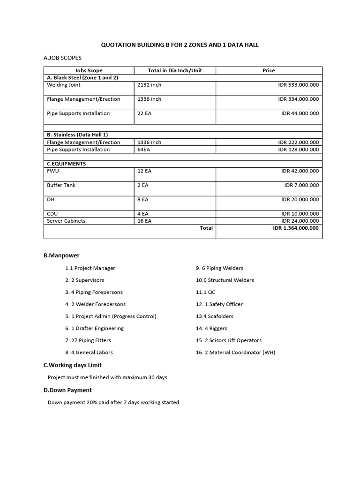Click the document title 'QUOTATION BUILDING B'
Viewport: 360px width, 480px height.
pyautogui.click(x=180, y=45)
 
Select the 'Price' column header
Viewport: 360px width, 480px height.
pyautogui.click(x=269, y=70)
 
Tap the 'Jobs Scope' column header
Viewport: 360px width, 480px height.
pyautogui.click(x=89, y=70)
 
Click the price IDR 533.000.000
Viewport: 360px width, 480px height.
pyautogui.click(x=298, y=85)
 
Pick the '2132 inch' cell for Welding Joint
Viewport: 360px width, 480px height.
pyautogui.click(x=149, y=85)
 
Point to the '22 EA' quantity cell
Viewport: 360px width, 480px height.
pyautogui.click(x=144, y=113)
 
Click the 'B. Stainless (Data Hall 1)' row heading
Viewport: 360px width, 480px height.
pyautogui.click(x=77, y=135)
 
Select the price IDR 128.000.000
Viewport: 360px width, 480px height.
pyautogui.click(x=298, y=150)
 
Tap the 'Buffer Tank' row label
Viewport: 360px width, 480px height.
pyautogui.click(x=61, y=185)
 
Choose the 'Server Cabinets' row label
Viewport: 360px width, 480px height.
pyautogui.click(x=66, y=221)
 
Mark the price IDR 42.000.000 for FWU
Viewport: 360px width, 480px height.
pyautogui.click(x=300, y=171)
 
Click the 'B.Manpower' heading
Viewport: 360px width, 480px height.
pyautogui.click(x=61, y=255)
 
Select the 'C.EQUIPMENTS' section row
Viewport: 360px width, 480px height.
pyautogui.click(x=66, y=164)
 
